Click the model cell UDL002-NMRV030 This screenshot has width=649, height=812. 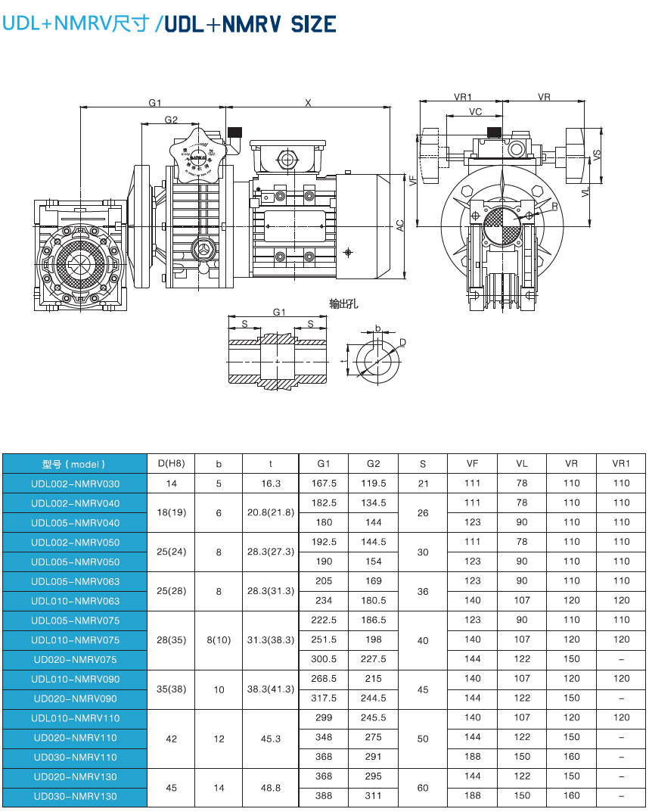74,484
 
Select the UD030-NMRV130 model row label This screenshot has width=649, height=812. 74,796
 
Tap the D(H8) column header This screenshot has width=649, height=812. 171,464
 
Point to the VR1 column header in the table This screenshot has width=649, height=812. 621,464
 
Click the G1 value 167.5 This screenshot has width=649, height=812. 324,484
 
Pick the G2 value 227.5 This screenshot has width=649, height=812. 374,659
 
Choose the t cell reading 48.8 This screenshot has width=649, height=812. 271,788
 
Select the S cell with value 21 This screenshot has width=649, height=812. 422,484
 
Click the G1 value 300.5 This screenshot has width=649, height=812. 324,659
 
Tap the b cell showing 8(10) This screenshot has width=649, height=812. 219,640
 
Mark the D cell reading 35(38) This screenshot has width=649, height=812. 171,689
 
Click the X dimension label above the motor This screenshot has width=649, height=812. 308,103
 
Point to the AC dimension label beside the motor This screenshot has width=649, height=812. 400,225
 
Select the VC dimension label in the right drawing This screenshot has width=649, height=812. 475,112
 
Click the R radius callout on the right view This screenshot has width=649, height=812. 554,207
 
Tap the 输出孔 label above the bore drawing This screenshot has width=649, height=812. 343,303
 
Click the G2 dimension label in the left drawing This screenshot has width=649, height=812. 171,120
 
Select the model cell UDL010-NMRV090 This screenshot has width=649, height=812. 74,679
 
